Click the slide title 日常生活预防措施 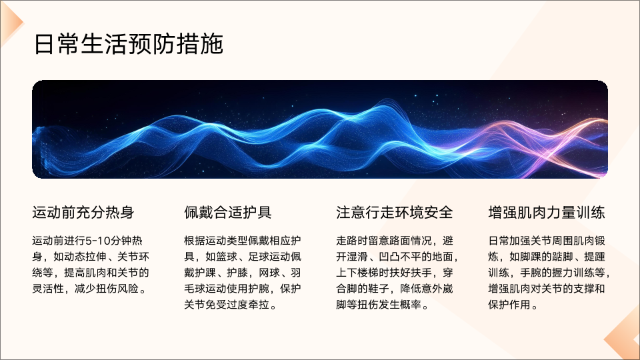pyautogui.click(x=129, y=44)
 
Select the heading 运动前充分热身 pyautogui.click(x=83, y=213)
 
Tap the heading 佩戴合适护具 pyautogui.click(x=228, y=213)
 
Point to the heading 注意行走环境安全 pyautogui.click(x=394, y=213)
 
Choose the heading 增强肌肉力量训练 pyautogui.click(x=547, y=213)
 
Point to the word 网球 pyautogui.click(x=269, y=273)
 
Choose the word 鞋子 pyautogui.click(x=379, y=289)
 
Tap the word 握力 pyautogui.click(x=563, y=273)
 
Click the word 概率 pyautogui.click(x=410, y=305)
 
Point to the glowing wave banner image pyautogui.click(x=320, y=129)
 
